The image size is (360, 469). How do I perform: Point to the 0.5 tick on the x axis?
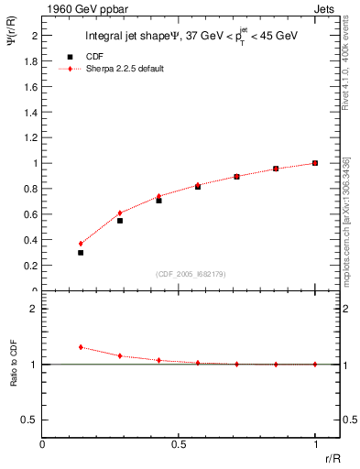click(x=179, y=444)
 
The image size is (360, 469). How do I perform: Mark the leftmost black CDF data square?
click(x=81, y=253)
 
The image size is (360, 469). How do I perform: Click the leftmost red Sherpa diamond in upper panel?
click(x=81, y=244)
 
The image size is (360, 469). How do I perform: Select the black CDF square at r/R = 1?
click(x=315, y=163)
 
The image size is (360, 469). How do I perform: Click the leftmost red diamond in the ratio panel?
click(x=81, y=347)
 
